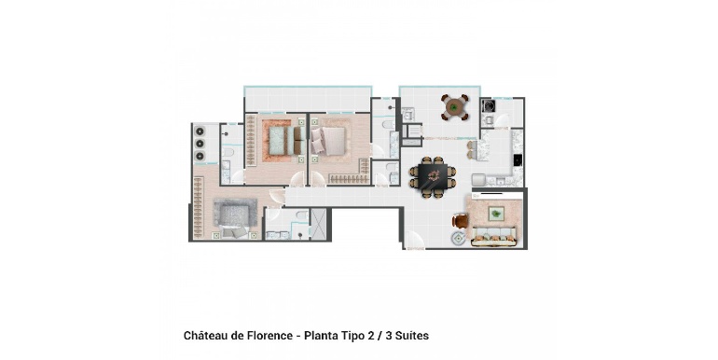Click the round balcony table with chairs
click(455, 107)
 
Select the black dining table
click(434, 177)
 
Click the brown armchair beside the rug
click(461, 221)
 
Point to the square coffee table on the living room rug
click(495, 214)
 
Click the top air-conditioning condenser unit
click(200, 132)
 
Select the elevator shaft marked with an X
click(318, 223)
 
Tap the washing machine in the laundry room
click(487, 106)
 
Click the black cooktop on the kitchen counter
click(517, 159)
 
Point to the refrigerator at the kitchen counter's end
click(478, 180)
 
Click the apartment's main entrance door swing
click(414, 240)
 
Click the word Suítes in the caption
click(411, 336)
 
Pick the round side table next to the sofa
click(459, 238)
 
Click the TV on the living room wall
click(497, 195)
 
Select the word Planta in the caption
click(321, 336)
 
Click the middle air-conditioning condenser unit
click(200, 144)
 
